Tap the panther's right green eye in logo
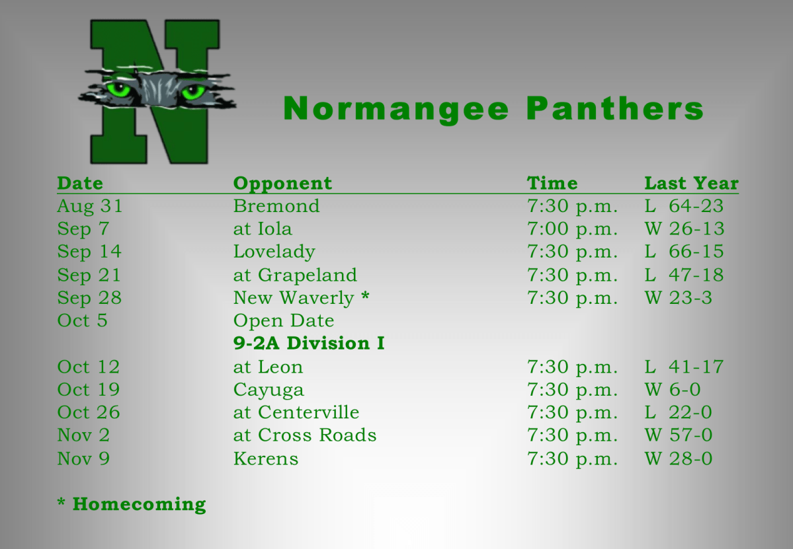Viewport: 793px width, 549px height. (192, 91)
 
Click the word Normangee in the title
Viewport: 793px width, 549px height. (396, 109)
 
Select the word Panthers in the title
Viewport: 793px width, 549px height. (615, 109)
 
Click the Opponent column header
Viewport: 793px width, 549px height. (282, 183)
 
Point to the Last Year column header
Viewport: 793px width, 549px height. (691, 183)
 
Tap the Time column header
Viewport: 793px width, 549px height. (552, 183)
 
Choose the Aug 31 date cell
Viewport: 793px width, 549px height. (90, 206)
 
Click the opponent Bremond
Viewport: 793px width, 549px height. (276, 206)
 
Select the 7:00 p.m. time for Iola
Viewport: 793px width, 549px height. (572, 229)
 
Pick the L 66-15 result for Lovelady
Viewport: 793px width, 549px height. (684, 252)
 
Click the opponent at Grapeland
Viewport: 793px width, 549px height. (295, 275)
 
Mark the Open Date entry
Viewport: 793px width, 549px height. (284, 321)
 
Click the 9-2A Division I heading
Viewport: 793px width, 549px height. (309, 344)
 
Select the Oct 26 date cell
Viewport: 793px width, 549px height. (89, 412)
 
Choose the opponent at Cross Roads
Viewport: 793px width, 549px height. (305, 435)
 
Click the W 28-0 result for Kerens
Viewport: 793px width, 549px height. (679, 458)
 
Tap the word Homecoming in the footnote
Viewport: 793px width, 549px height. (139, 505)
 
